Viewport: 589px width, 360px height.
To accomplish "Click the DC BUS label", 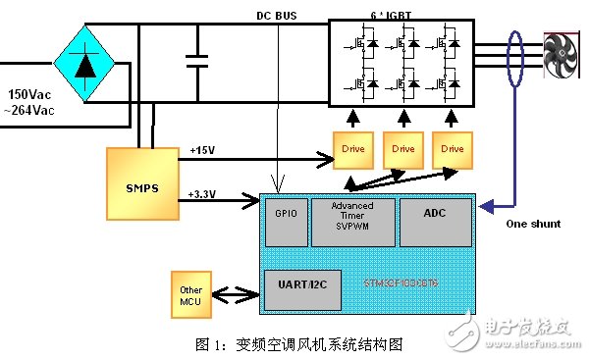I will tap(277, 15).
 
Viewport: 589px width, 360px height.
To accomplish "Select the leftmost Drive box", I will tap(352, 148).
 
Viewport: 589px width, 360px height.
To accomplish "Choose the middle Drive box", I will tap(402, 148).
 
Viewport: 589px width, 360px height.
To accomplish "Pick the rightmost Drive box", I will tap(453, 148).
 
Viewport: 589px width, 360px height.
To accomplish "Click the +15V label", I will tap(201, 149).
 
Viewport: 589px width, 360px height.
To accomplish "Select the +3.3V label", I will tap(203, 193).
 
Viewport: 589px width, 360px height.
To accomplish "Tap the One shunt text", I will tap(533, 224).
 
